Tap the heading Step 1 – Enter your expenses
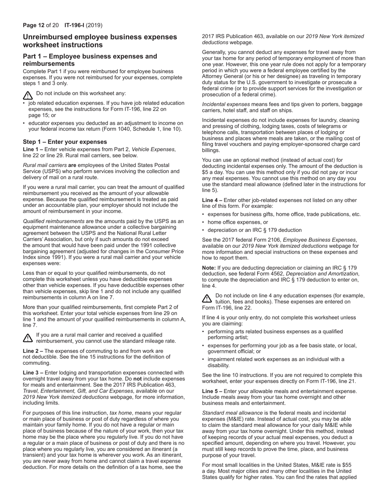(x=65, y=142)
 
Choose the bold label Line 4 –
(x=212, y=200)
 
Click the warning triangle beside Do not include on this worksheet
(x=27, y=96)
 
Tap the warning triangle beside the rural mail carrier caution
(x=27, y=338)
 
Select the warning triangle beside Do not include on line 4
(x=207, y=299)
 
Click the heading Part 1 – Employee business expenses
(x=90, y=56)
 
